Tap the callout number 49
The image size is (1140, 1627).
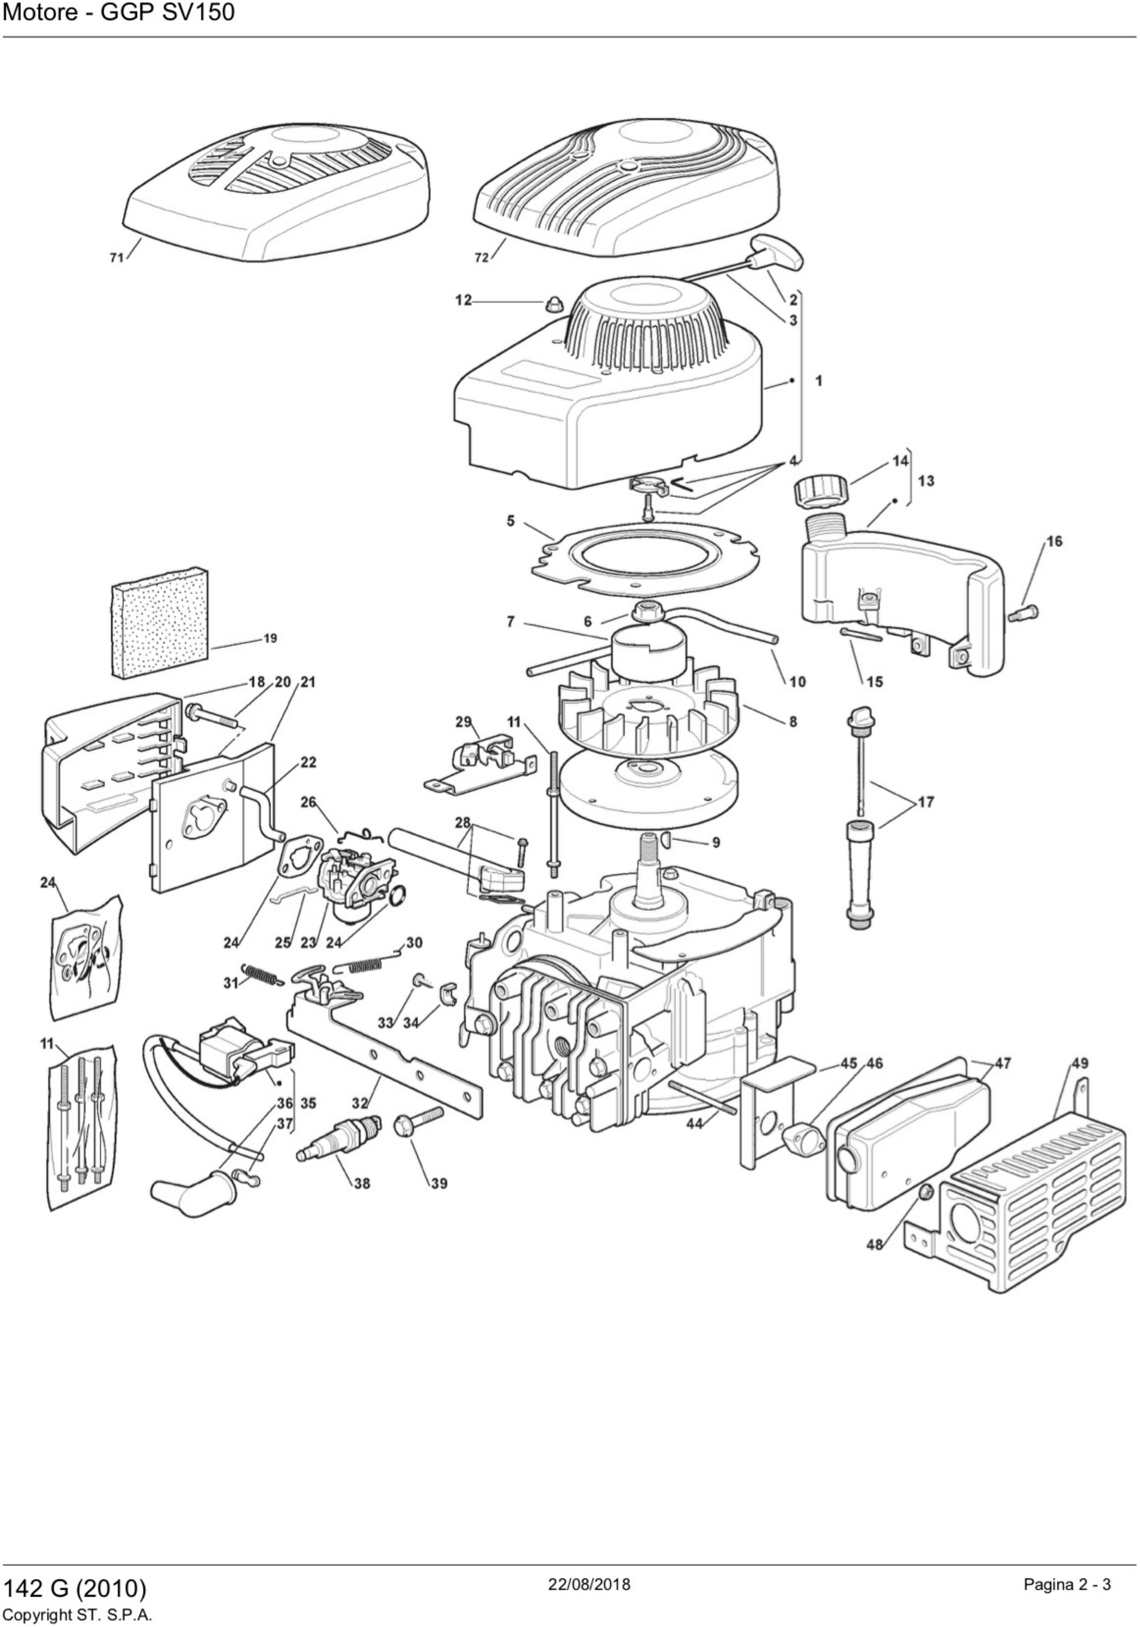(1080, 1063)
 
